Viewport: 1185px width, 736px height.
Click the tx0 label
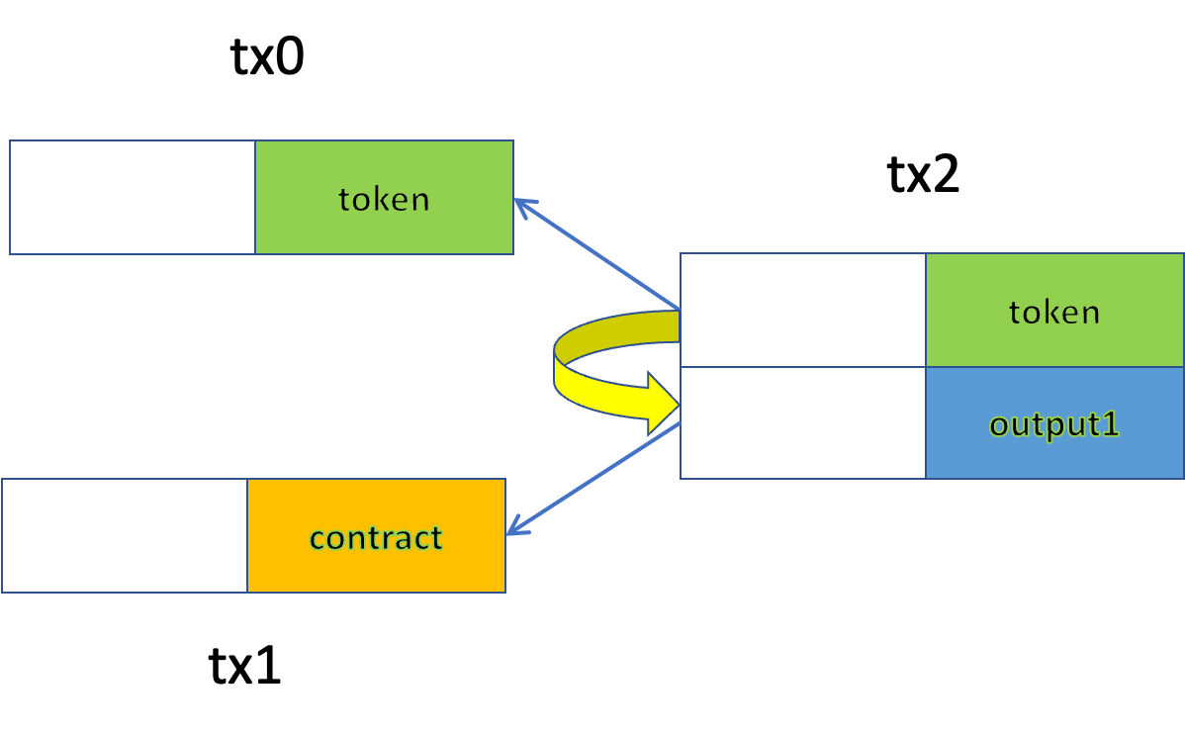[267, 56]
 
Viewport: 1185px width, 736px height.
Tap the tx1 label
[244, 666]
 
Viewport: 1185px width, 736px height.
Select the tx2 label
[923, 174]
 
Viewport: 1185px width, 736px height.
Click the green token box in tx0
[385, 197]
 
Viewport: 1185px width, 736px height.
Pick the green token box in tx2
[1055, 311]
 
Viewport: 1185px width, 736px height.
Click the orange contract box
[376, 536]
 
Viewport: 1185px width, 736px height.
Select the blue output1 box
[1055, 423]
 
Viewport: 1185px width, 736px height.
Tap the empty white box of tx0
[133, 197]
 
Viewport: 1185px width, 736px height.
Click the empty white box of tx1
[125, 536]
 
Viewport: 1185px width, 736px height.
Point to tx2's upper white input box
[803, 311]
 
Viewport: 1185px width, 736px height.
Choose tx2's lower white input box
[803, 423]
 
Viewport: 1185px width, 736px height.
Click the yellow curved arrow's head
[663, 403]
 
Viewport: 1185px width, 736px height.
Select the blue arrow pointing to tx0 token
[597, 254]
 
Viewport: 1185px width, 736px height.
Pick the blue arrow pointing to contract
[593, 479]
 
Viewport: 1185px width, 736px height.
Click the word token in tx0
[384, 200]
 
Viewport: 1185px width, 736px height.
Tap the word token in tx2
[1054, 312]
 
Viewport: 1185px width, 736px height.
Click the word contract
[376, 538]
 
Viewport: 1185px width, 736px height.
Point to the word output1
[1054, 424]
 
